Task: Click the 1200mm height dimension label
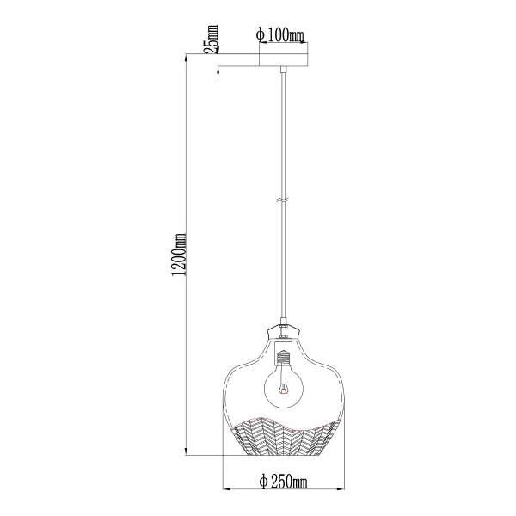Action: (180, 255)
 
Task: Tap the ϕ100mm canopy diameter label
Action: (279, 35)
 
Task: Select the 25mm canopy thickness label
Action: (211, 39)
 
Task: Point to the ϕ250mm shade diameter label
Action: (283, 482)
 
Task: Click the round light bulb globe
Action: (284, 389)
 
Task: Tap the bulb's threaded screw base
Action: (284, 357)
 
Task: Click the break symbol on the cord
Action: (283, 200)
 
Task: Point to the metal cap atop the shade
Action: (284, 332)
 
